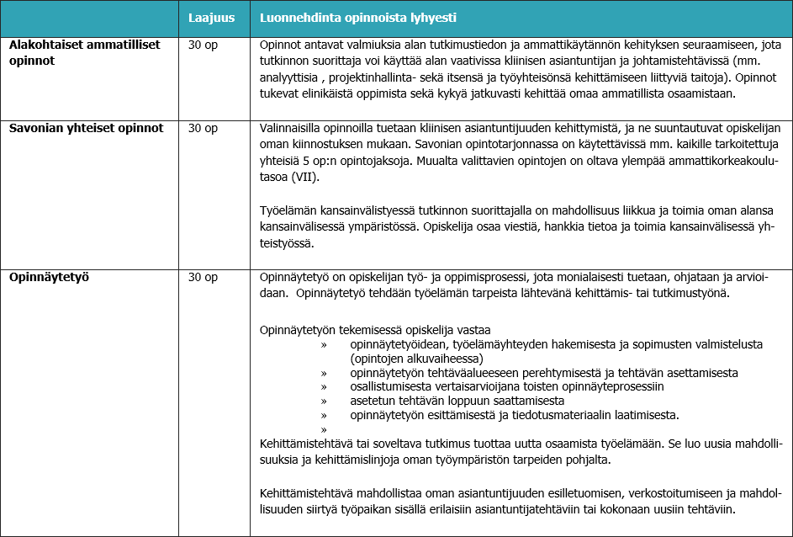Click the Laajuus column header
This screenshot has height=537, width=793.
click(x=211, y=18)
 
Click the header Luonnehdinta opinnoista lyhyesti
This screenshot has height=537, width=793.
click(x=358, y=18)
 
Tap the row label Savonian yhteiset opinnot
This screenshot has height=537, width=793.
click(x=86, y=128)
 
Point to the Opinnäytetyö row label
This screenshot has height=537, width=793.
click(x=50, y=276)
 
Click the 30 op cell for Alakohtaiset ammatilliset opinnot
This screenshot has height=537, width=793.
click(x=203, y=44)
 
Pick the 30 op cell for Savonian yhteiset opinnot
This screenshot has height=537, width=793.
click(x=203, y=128)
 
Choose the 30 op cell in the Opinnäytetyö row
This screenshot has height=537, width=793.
click(x=203, y=276)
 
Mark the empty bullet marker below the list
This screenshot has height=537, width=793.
click(x=323, y=429)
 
